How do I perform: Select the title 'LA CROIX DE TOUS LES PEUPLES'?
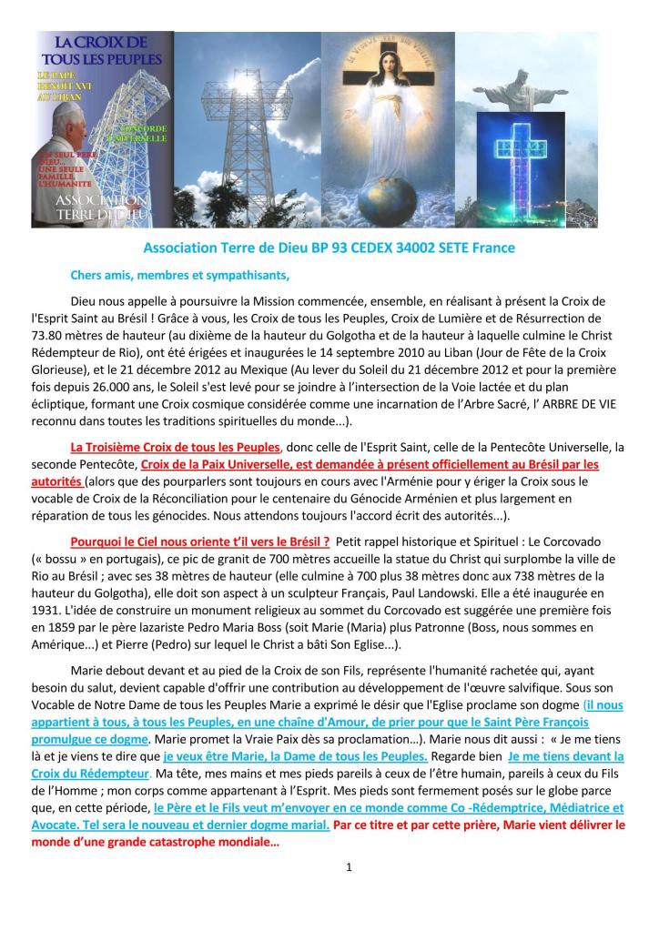(x=100, y=50)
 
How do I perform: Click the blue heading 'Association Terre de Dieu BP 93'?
(x=329, y=248)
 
